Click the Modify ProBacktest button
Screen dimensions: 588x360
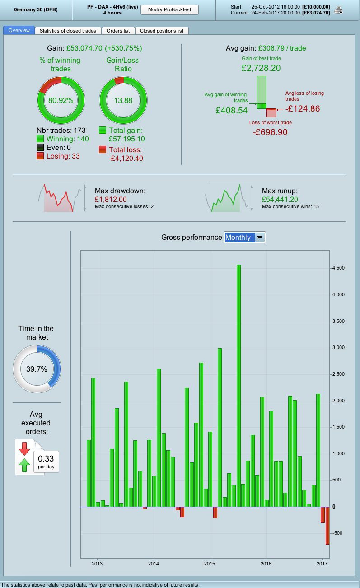pos(169,9)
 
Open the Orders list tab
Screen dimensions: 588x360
pos(118,31)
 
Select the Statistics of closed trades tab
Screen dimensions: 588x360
pos(68,31)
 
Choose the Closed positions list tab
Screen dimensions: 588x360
pos(162,31)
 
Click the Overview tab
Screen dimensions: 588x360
pos(19,31)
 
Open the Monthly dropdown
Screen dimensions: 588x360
pos(245,238)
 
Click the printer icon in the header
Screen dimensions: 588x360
pos(338,10)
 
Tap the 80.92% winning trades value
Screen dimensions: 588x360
pos(61,100)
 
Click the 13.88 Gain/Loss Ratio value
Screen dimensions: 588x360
pos(123,100)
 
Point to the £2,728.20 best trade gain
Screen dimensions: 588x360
pos(261,68)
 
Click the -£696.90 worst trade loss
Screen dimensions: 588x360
pos(270,132)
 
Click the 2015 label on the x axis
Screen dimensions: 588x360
pos(210,564)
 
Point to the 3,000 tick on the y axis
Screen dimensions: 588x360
pos(338,348)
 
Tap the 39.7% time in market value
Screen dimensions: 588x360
pos(37,369)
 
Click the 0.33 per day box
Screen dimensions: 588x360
pos(46,461)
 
